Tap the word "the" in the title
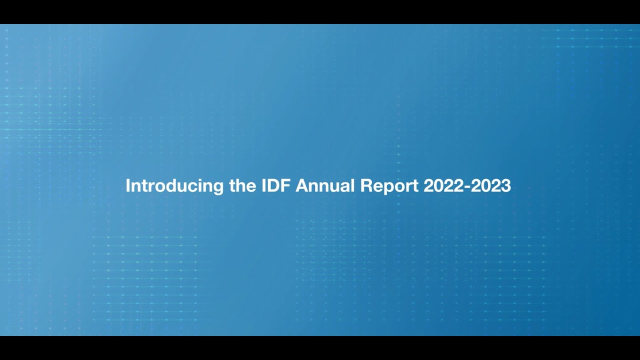tap(242, 185)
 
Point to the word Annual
tap(325, 185)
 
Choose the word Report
tap(389, 186)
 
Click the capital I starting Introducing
tap(127, 185)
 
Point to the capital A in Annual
tap(302, 185)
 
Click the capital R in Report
tap(365, 185)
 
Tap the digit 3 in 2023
tap(506, 185)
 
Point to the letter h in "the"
tap(242, 185)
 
